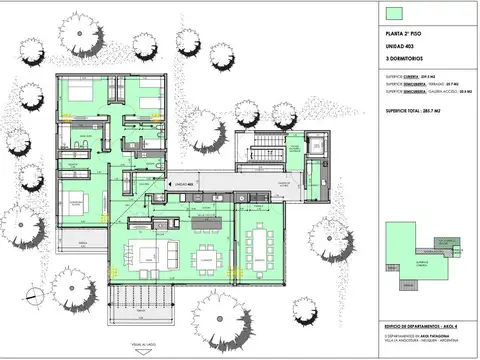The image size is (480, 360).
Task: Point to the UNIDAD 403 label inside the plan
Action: [x=183, y=185]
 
